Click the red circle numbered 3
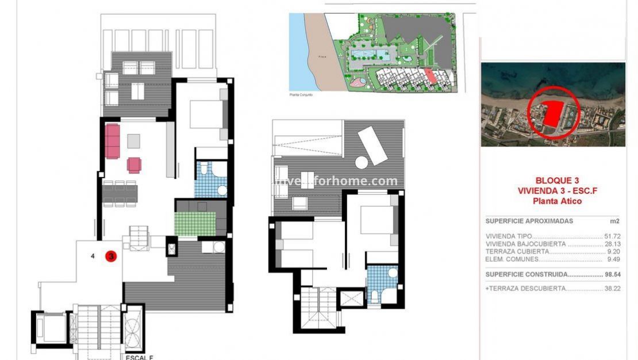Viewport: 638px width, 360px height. (x=110, y=256)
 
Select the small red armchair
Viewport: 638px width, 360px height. (x=134, y=165)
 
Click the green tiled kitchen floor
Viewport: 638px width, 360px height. (x=195, y=224)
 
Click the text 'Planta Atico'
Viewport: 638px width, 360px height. (x=557, y=201)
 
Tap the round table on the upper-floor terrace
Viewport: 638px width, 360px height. (x=362, y=163)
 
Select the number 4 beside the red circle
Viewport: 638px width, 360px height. (x=93, y=256)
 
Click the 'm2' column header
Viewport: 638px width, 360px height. (x=614, y=221)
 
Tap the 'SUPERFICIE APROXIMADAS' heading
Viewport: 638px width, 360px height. (x=529, y=221)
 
